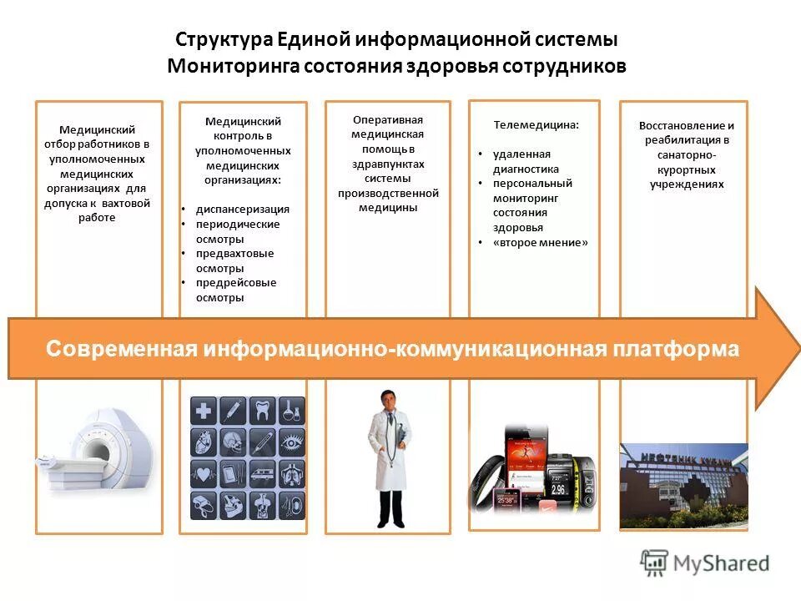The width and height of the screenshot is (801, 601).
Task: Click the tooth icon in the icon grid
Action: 262,411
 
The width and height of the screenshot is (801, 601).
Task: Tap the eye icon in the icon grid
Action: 292,442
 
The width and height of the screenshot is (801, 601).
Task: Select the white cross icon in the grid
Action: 204,411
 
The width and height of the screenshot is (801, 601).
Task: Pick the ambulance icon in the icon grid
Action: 262,474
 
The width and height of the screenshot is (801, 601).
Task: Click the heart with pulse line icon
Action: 204,474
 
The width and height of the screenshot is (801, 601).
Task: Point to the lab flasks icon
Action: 292,411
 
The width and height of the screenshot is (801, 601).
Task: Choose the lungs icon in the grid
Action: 292,474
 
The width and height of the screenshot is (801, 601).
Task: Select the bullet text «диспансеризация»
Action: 242,210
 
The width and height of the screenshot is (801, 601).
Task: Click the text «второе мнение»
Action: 540,242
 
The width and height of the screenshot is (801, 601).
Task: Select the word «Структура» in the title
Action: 218,39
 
